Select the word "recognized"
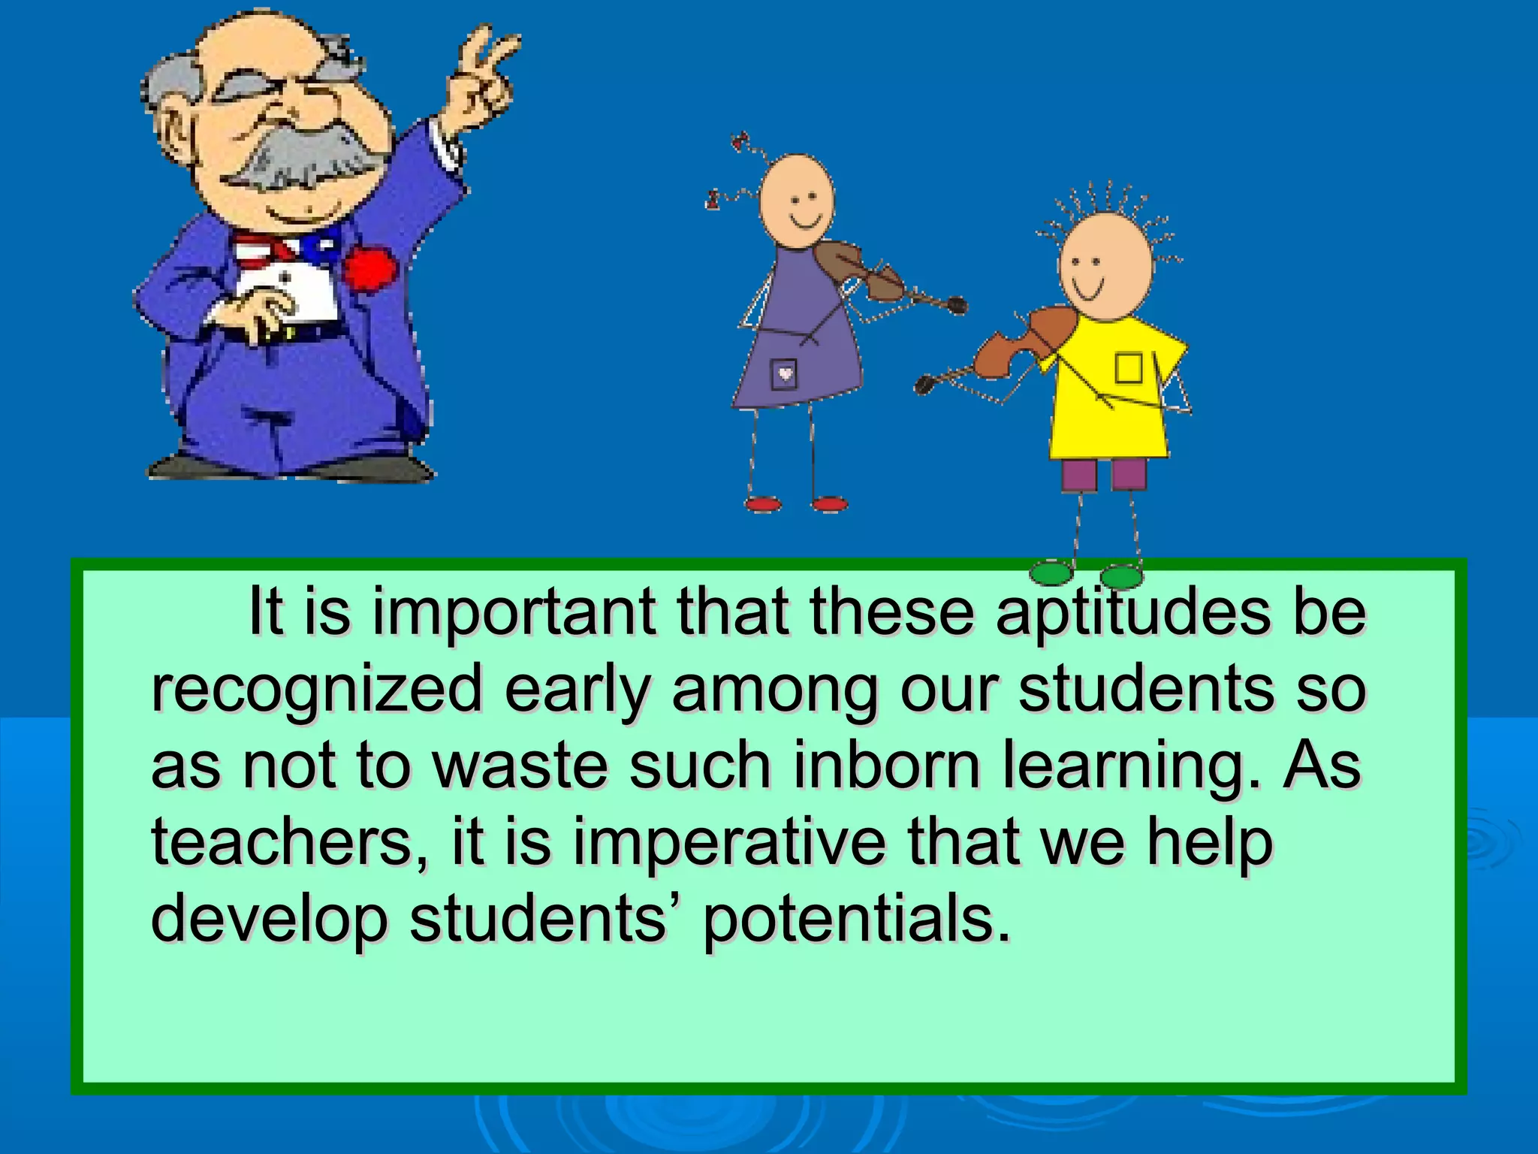click(x=315, y=690)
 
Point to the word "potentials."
click(x=856, y=920)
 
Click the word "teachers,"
click(x=290, y=843)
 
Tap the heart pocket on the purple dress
click(x=784, y=373)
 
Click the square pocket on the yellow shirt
click(x=1127, y=368)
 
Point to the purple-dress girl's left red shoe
click(x=762, y=504)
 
